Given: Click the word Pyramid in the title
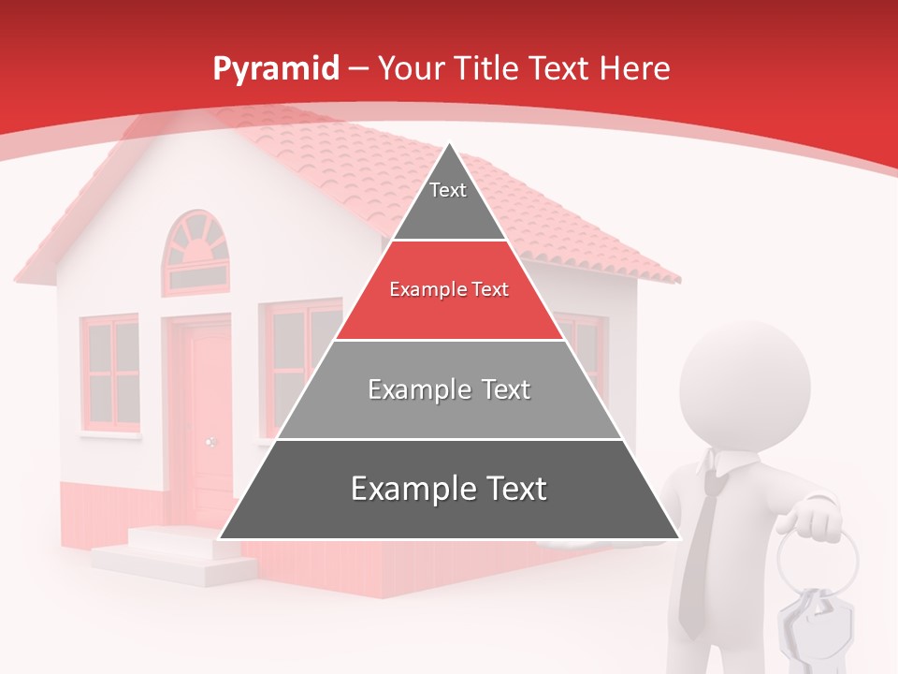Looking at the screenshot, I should point(276,69).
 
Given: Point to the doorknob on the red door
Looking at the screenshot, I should point(210,442).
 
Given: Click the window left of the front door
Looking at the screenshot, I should point(109,374).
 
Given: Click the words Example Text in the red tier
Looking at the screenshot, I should point(449,290).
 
